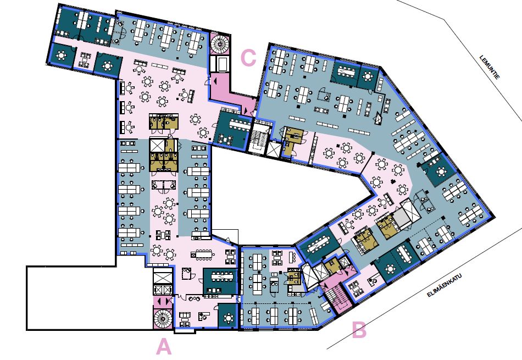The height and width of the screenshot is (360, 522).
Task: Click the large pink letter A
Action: [x=164, y=346]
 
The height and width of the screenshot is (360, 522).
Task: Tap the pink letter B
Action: [x=359, y=330]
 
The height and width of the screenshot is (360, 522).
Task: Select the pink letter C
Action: [x=248, y=58]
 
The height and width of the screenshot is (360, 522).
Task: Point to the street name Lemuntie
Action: [x=490, y=67]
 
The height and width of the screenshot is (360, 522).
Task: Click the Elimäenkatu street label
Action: [x=444, y=285]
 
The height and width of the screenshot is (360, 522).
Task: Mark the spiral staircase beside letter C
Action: [x=220, y=43]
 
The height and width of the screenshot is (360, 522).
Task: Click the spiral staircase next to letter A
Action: [x=163, y=319]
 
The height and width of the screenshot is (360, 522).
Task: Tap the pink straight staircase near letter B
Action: [x=337, y=298]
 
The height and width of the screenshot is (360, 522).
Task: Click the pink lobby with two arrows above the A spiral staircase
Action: [x=163, y=302]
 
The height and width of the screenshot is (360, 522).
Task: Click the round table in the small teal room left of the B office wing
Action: [x=229, y=318]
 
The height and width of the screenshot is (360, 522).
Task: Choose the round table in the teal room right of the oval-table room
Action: [x=368, y=77]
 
